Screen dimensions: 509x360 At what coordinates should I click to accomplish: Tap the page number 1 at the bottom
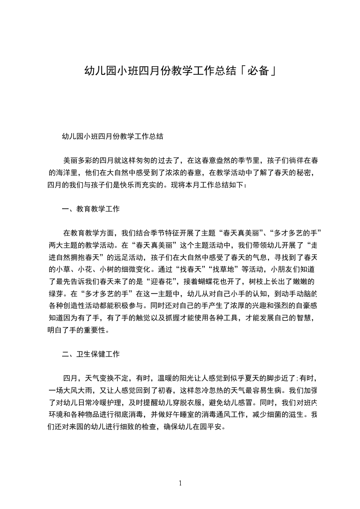(x=180, y=483)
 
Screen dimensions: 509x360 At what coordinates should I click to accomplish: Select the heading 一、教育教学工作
(x=91, y=209)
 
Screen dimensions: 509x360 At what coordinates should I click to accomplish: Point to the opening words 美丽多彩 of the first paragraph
(x=78, y=160)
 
